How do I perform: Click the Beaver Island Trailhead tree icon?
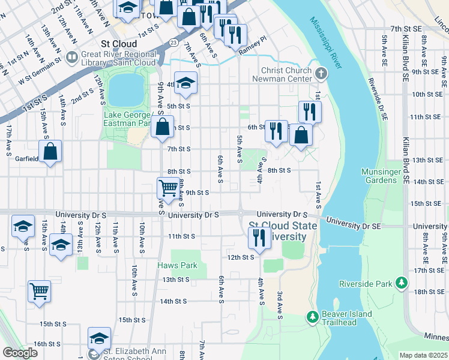(312, 316)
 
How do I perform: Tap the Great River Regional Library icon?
(72, 58)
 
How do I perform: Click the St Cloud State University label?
(277, 232)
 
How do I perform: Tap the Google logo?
(20, 353)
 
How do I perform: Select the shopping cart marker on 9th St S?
(168, 187)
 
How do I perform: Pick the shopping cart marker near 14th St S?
(40, 292)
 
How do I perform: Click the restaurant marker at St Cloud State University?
(259, 238)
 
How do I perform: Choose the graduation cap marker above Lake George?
(186, 83)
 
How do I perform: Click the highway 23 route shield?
(173, 43)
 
